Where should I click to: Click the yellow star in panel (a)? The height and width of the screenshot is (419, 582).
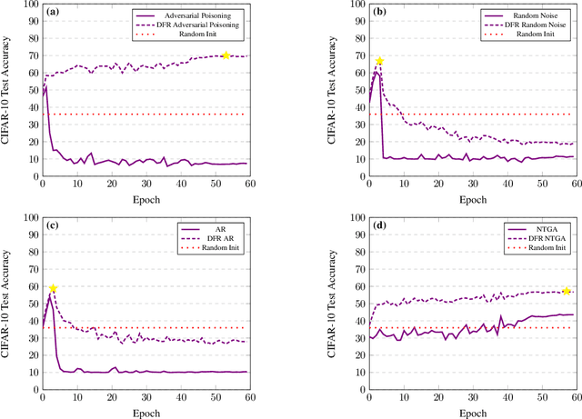(226, 55)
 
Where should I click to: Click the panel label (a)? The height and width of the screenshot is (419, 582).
(54, 13)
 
